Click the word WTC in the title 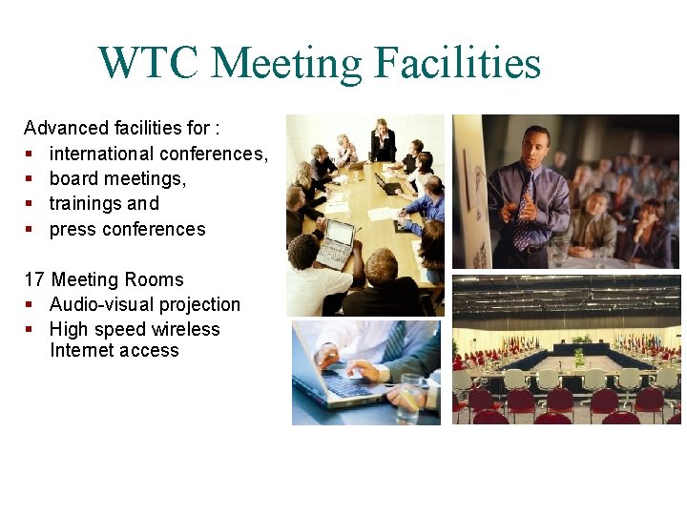(x=148, y=63)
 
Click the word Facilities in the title (x=457, y=63)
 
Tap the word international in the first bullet (x=102, y=154)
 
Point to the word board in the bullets (x=73, y=178)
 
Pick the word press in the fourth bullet (x=71, y=229)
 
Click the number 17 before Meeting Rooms (x=34, y=279)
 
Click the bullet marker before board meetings (x=30, y=179)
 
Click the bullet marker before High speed (x=30, y=330)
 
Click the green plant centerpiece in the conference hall (x=578, y=357)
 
